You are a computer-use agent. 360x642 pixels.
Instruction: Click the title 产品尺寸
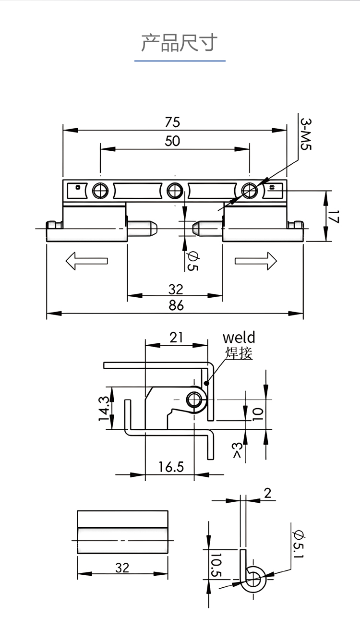[x=180, y=43]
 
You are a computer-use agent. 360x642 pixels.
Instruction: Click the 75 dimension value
[x=172, y=122]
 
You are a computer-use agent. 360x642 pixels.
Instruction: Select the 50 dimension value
[x=172, y=141]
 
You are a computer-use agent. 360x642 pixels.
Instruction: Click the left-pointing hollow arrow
[x=86, y=261]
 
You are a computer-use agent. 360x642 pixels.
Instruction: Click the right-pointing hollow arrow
[x=256, y=261]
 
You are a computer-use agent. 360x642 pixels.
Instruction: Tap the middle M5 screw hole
[x=174, y=191]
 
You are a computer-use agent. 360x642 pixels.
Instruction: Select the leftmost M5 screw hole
[x=99, y=191]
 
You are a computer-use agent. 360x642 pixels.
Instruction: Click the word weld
[x=239, y=337]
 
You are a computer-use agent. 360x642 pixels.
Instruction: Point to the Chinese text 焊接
[x=239, y=353]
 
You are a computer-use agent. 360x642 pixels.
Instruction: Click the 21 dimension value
[x=176, y=337]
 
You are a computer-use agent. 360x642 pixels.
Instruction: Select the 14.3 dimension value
[x=105, y=408]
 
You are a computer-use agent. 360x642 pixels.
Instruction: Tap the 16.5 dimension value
[x=171, y=466]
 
